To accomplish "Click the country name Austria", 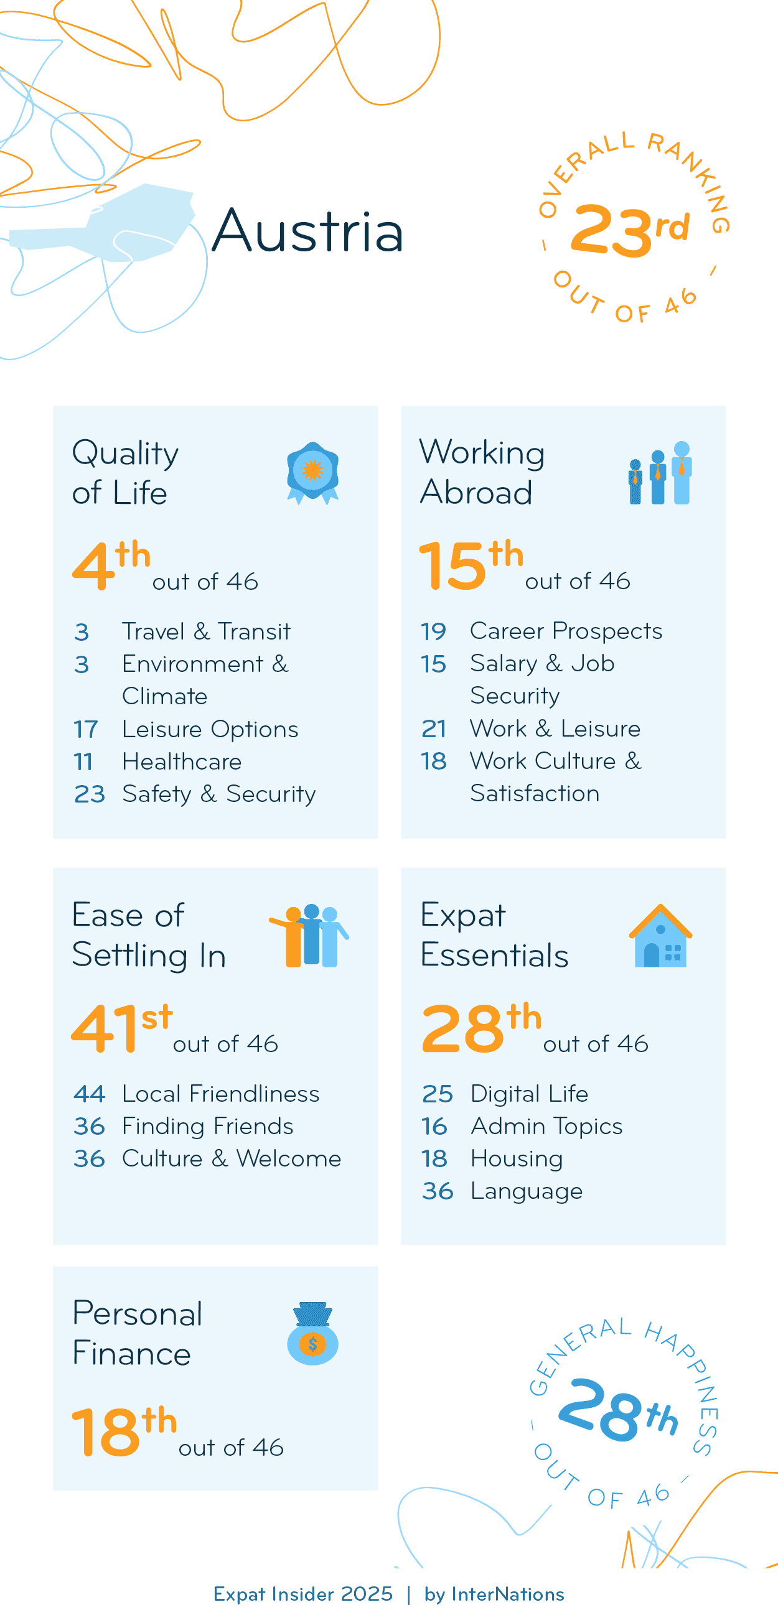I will tap(307, 231).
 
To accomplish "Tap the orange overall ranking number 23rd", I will tap(629, 231).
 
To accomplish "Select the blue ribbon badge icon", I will tap(312, 472).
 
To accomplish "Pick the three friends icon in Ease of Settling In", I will tap(309, 936).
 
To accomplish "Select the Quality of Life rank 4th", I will tap(111, 565).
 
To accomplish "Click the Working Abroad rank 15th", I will tap(471, 565).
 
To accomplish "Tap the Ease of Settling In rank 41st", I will tap(121, 1028).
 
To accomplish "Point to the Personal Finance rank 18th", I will tap(123, 1431).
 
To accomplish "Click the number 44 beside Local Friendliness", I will tap(88, 1094).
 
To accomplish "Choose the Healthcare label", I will tap(182, 761).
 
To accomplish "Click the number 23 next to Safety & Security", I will tap(88, 794).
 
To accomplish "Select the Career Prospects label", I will tap(566, 631).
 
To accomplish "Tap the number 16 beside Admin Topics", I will tap(434, 1126).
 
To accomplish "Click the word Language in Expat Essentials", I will tap(527, 1191).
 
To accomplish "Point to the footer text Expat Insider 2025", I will tap(302, 1594).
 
